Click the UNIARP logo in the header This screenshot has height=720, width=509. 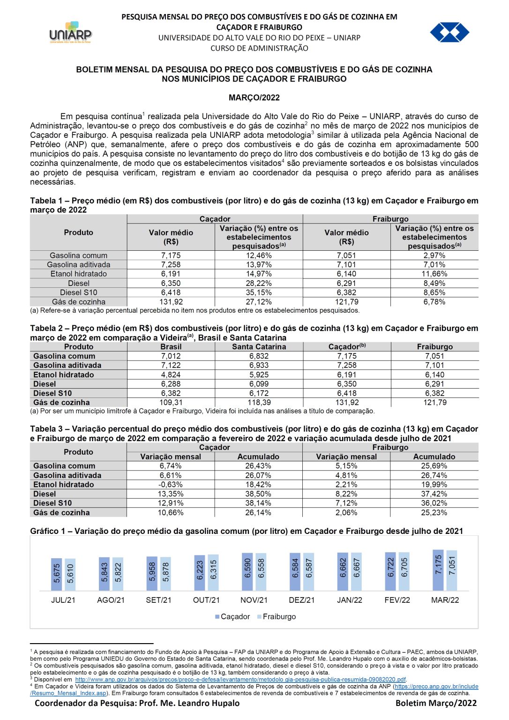(x=70, y=33)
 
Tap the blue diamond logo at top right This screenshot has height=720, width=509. (x=449, y=32)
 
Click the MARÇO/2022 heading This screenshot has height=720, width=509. (x=254, y=97)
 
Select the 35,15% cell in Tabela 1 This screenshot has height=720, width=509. (x=259, y=292)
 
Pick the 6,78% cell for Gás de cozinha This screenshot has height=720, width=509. (x=434, y=302)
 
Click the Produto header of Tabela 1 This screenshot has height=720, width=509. (x=78, y=232)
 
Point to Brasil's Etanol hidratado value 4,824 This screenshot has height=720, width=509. (x=171, y=375)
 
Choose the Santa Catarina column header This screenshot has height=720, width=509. (x=259, y=347)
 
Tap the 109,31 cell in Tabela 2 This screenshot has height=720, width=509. (x=171, y=402)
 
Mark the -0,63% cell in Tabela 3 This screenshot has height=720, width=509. (x=171, y=485)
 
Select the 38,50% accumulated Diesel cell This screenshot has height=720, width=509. (x=258, y=494)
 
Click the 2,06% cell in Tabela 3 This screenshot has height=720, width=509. (x=346, y=513)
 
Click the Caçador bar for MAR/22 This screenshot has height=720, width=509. (x=438, y=570)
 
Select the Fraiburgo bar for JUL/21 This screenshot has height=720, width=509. (x=70, y=575)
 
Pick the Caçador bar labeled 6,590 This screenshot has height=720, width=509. (x=247, y=572)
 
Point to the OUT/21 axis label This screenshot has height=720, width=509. (x=206, y=600)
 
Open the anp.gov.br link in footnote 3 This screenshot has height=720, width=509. (x=240, y=679)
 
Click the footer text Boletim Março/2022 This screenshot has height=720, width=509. (x=436, y=703)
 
